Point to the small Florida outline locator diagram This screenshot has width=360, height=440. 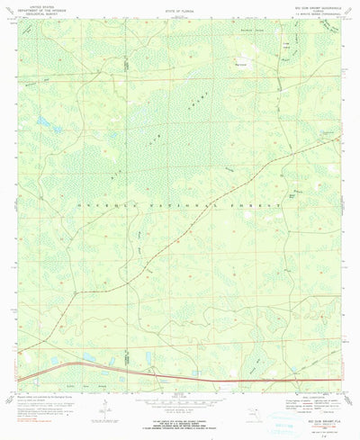254,413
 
